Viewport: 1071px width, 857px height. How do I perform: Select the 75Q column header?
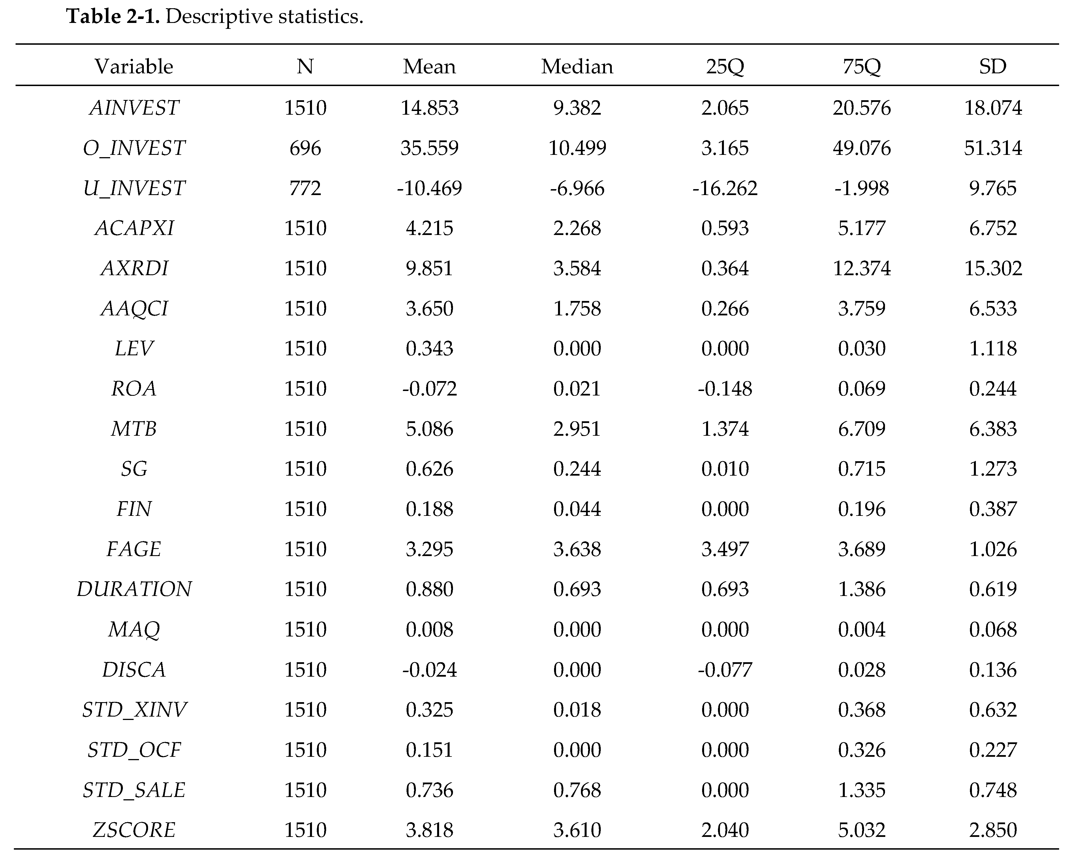click(861, 67)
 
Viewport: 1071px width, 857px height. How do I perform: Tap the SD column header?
click(993, 67)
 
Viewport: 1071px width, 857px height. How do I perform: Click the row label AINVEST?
click(134, 108)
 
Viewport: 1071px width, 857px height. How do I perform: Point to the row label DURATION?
click(134, 589)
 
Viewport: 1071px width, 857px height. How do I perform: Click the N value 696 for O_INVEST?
click(305, 148)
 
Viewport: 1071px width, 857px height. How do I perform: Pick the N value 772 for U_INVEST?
click(305, 188)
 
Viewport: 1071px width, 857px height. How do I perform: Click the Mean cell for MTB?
click(429, 429)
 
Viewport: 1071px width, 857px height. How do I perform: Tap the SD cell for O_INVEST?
click(993, 148)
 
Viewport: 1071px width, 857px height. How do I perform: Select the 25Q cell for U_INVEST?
click(725, 188)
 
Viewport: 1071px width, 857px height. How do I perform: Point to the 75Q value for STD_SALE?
click(861, 790)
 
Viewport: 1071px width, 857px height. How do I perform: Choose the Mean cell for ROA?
click(429, 388)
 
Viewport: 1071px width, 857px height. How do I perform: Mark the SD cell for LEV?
click(993, 348)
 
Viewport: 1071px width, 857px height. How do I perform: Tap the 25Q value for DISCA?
click(725, 670)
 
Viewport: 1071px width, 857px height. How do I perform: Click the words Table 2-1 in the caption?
click(113, 17)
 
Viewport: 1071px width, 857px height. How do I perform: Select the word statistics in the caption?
click(320, 17)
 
